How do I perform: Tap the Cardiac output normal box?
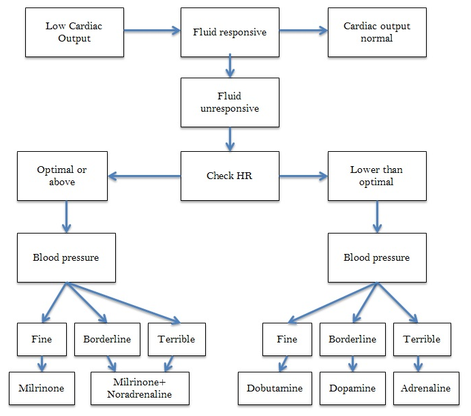pos(376,32)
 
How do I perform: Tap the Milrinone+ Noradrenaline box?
pos(140,388)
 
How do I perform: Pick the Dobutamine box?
pos(275,388)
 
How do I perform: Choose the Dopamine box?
pos(352,388)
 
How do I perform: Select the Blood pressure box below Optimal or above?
pos(66,258)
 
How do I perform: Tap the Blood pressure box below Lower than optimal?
pos(376,258)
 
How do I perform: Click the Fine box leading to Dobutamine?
pos(288,339)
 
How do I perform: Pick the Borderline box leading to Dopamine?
pos(352,339)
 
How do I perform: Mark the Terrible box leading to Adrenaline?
pos(421,339)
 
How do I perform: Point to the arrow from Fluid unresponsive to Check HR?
pos(230,139)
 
